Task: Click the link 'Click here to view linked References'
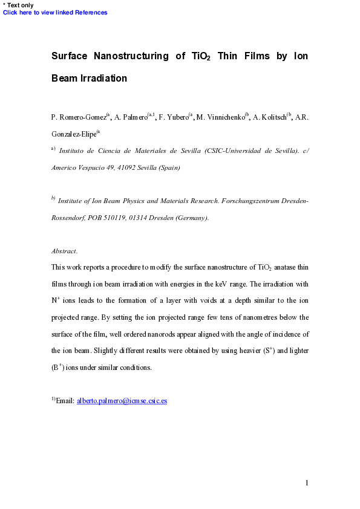(56, 13)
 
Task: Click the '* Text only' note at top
(19, 5)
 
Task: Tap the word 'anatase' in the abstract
(289, 267)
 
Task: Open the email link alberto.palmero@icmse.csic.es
(122, 400)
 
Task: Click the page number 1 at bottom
(307, 482)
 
